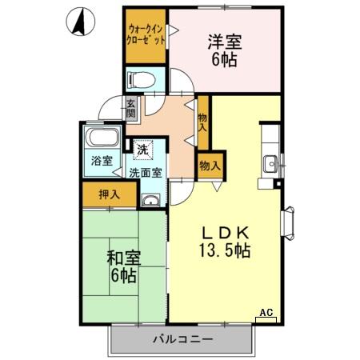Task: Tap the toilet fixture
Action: pos(141,79)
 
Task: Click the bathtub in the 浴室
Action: pos(102,136)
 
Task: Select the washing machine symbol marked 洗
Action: pos(142,149)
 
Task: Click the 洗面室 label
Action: pos(146,172)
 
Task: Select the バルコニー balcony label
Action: pos(183,339)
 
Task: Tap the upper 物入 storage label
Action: pos(203,121)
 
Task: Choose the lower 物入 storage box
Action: pos(210,166)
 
